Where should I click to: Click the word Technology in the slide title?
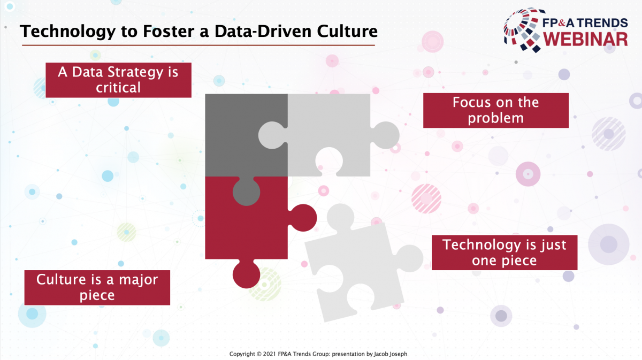coord(67,32)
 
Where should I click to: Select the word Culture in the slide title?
coord(347,31)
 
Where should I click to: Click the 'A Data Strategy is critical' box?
coord(118,80)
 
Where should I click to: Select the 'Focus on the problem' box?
coord(496,110)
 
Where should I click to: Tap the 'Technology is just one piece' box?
coord(505,252)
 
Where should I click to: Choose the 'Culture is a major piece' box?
coord(97,287)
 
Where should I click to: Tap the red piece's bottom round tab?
coord(246,274)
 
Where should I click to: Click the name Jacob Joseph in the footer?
coord(391,354)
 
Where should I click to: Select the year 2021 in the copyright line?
coord(270,354)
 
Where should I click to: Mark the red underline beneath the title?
coord(198,45)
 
